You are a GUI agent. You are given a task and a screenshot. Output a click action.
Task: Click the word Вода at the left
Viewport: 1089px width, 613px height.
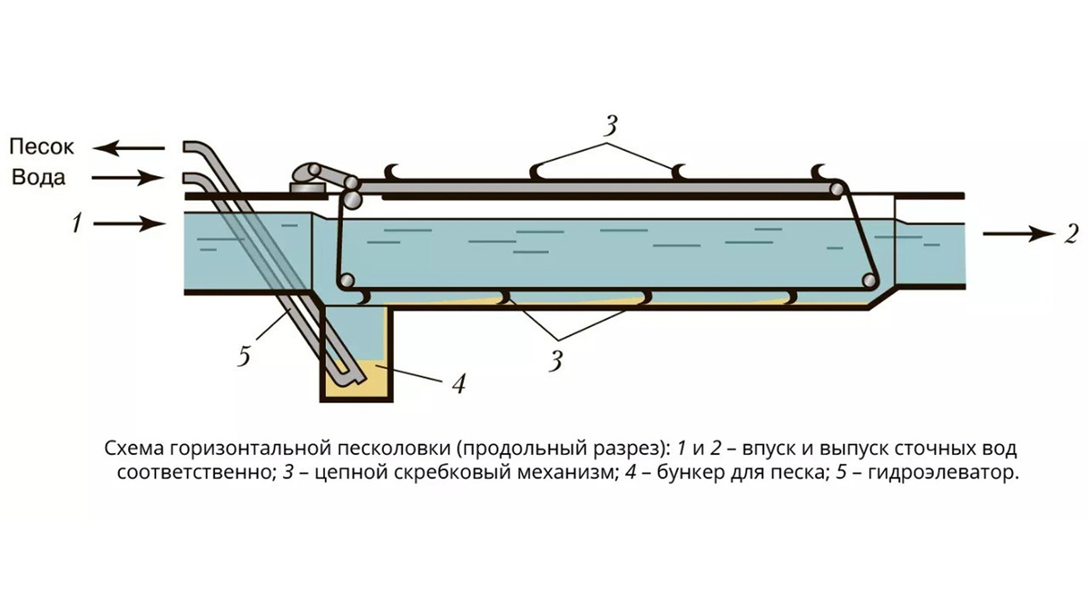coord(38,177)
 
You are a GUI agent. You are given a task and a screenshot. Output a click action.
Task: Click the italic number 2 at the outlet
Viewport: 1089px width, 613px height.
coord(1072,234)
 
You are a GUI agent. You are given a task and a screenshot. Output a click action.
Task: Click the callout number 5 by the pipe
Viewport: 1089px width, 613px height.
coord(243,355)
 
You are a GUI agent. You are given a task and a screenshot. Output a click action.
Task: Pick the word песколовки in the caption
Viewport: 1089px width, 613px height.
coord(400,449)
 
